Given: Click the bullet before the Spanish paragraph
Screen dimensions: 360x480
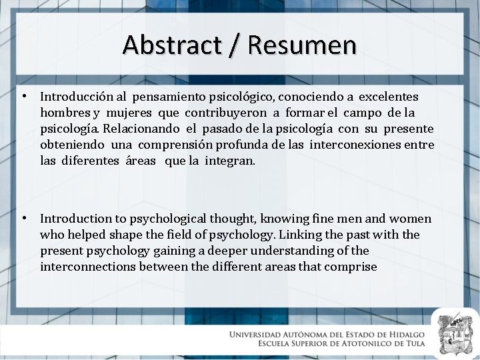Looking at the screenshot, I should pyautogui.click(x=24, y=97).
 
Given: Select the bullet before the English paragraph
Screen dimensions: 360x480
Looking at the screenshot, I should pyautogui.click(x=24, y=218).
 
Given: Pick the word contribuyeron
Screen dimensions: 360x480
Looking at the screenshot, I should pyautogui.click(x=223, y=113).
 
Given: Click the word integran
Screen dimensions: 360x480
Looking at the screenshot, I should pyautogui.click(x=229, y=161).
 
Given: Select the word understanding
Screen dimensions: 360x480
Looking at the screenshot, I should pyautogui.click(x=294, y=251).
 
